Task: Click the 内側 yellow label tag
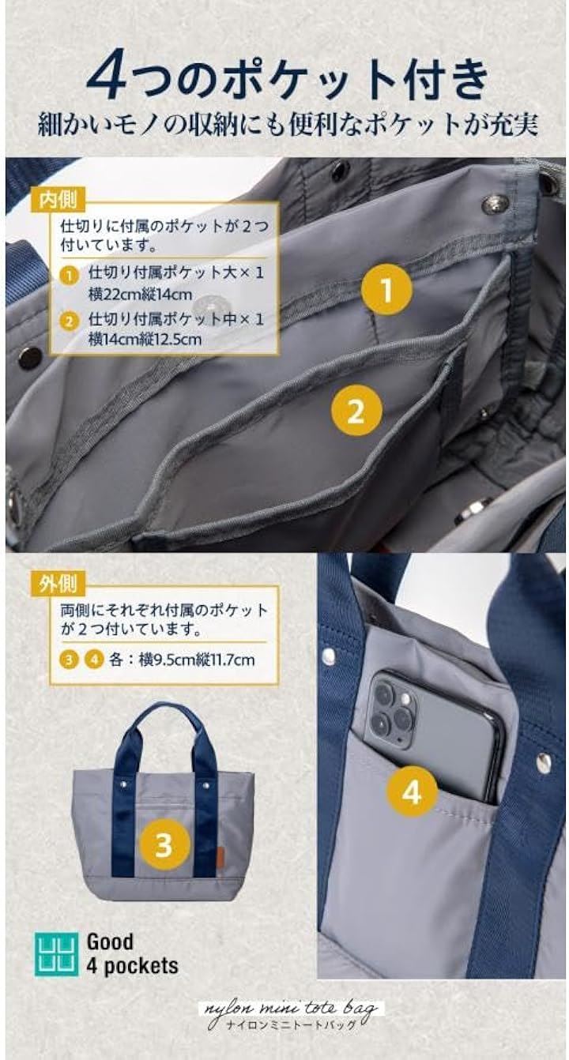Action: click(58, 199)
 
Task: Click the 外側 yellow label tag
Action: click(58, 584)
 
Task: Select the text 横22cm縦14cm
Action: click(141, 295)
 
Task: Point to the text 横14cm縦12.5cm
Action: click(145, 340)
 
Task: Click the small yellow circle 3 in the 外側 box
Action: click(70, 660)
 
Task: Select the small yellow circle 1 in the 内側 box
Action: click(70, 275)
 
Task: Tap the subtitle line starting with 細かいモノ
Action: click(288, 125)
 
